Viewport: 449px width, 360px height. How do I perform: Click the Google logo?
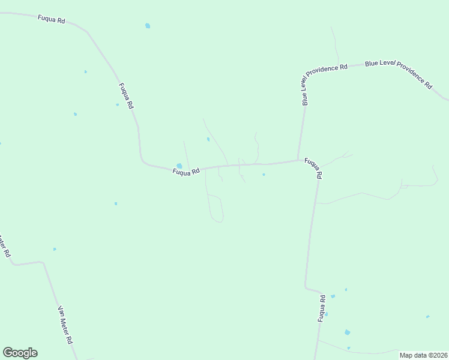20,353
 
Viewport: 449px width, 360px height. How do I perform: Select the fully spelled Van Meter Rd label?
65,325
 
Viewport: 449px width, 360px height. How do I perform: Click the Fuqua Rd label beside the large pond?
185,172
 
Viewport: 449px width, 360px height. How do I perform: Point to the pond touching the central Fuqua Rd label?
179,166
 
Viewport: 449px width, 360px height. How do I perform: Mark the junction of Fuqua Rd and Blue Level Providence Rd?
298,160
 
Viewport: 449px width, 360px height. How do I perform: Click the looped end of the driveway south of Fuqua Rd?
217,220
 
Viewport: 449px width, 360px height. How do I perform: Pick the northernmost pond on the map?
148,26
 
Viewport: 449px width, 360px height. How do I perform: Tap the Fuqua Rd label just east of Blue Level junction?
314,168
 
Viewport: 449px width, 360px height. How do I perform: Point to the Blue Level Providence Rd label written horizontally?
327,67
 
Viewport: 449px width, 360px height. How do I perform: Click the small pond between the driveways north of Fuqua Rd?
208,139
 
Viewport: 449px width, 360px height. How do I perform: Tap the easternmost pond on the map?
427,316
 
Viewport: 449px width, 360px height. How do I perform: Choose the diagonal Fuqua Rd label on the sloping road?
125,95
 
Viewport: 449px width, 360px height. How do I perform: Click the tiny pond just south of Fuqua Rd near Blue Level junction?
264,175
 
